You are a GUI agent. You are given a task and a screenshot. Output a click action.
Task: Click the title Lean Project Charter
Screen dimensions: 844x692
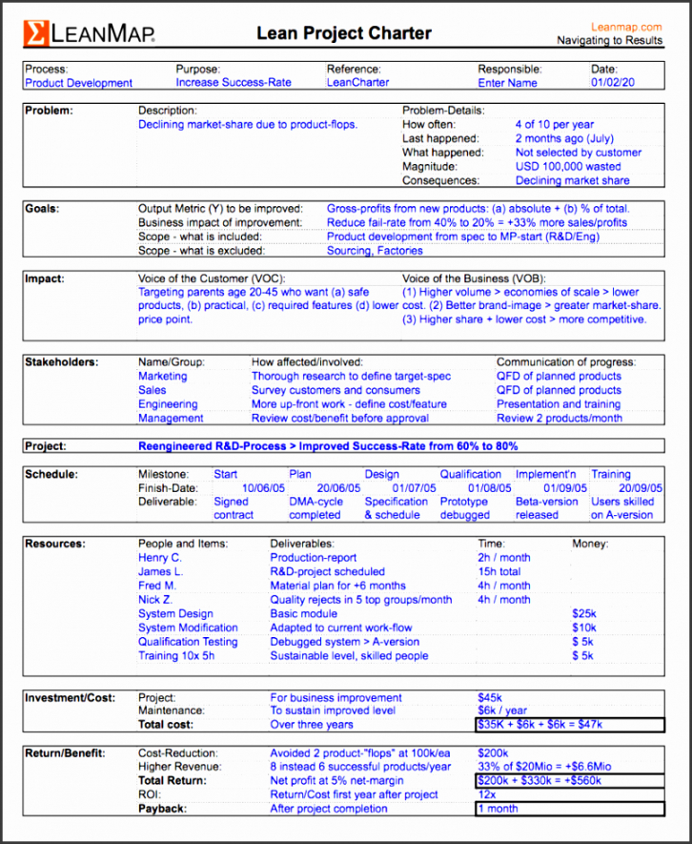click(343, 33)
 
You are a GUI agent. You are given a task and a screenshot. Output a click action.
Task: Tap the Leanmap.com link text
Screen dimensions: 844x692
click(626, 28)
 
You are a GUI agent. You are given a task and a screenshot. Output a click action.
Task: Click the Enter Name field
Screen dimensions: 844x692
click(507, 83)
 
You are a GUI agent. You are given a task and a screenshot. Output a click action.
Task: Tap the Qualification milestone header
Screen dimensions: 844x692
click(471, 474)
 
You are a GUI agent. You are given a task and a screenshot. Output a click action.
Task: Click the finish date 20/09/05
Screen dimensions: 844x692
click(633, 487)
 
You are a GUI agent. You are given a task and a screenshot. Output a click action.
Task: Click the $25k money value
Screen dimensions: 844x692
click(583, 614)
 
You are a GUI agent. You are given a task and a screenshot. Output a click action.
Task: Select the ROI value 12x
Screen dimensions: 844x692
click(486, 794)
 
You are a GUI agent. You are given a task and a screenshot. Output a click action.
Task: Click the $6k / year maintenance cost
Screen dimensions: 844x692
click(502, 711)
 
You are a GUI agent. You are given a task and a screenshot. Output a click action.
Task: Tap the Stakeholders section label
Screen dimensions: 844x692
click(60, 362)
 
